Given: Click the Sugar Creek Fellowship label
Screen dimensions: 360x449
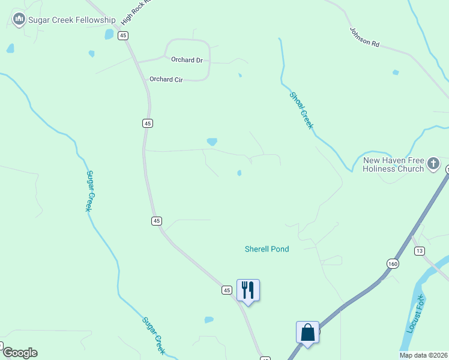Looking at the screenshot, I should pyautogui.click(x=71, y=20).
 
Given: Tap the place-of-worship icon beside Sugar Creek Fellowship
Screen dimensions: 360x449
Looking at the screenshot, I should pyautogui.click(x=19, y=20).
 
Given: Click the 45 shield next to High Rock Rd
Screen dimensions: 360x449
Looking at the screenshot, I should pyautogui.click(x=123, y=36).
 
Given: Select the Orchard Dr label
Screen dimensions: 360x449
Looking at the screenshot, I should pyautogui.click(x=187, y=60).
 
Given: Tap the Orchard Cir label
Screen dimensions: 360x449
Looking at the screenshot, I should pyautogui.click(x=166, y=79).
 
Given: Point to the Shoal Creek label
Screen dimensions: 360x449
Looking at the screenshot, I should pyautogui.click(x=301, y=110).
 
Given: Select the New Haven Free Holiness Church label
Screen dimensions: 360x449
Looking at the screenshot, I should pyautogui.click(x=393, y=164).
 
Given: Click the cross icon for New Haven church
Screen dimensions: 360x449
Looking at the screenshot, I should pyautogui.click(x=433, y=163).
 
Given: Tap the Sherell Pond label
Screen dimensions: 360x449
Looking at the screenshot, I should pyautogui.click(x=267, y=249).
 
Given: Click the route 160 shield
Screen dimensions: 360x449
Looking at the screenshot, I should pyautogui.click(x=393, y=263).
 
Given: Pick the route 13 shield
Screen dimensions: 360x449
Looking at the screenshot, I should pyautogui.click(x=418, y=251).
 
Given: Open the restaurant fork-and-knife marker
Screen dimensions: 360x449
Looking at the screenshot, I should pyautogui.click(x=248, y=290).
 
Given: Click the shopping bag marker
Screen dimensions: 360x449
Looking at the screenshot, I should pyautogui.click(x=307, y=332).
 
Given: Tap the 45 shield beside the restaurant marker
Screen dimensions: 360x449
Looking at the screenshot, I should pyautogui.click(x=226, y=290).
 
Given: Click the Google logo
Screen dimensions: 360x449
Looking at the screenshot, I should pyautogui.click(x=19, y=353).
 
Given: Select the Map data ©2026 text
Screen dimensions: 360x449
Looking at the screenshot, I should pyautogui.click(x=424, y=355).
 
